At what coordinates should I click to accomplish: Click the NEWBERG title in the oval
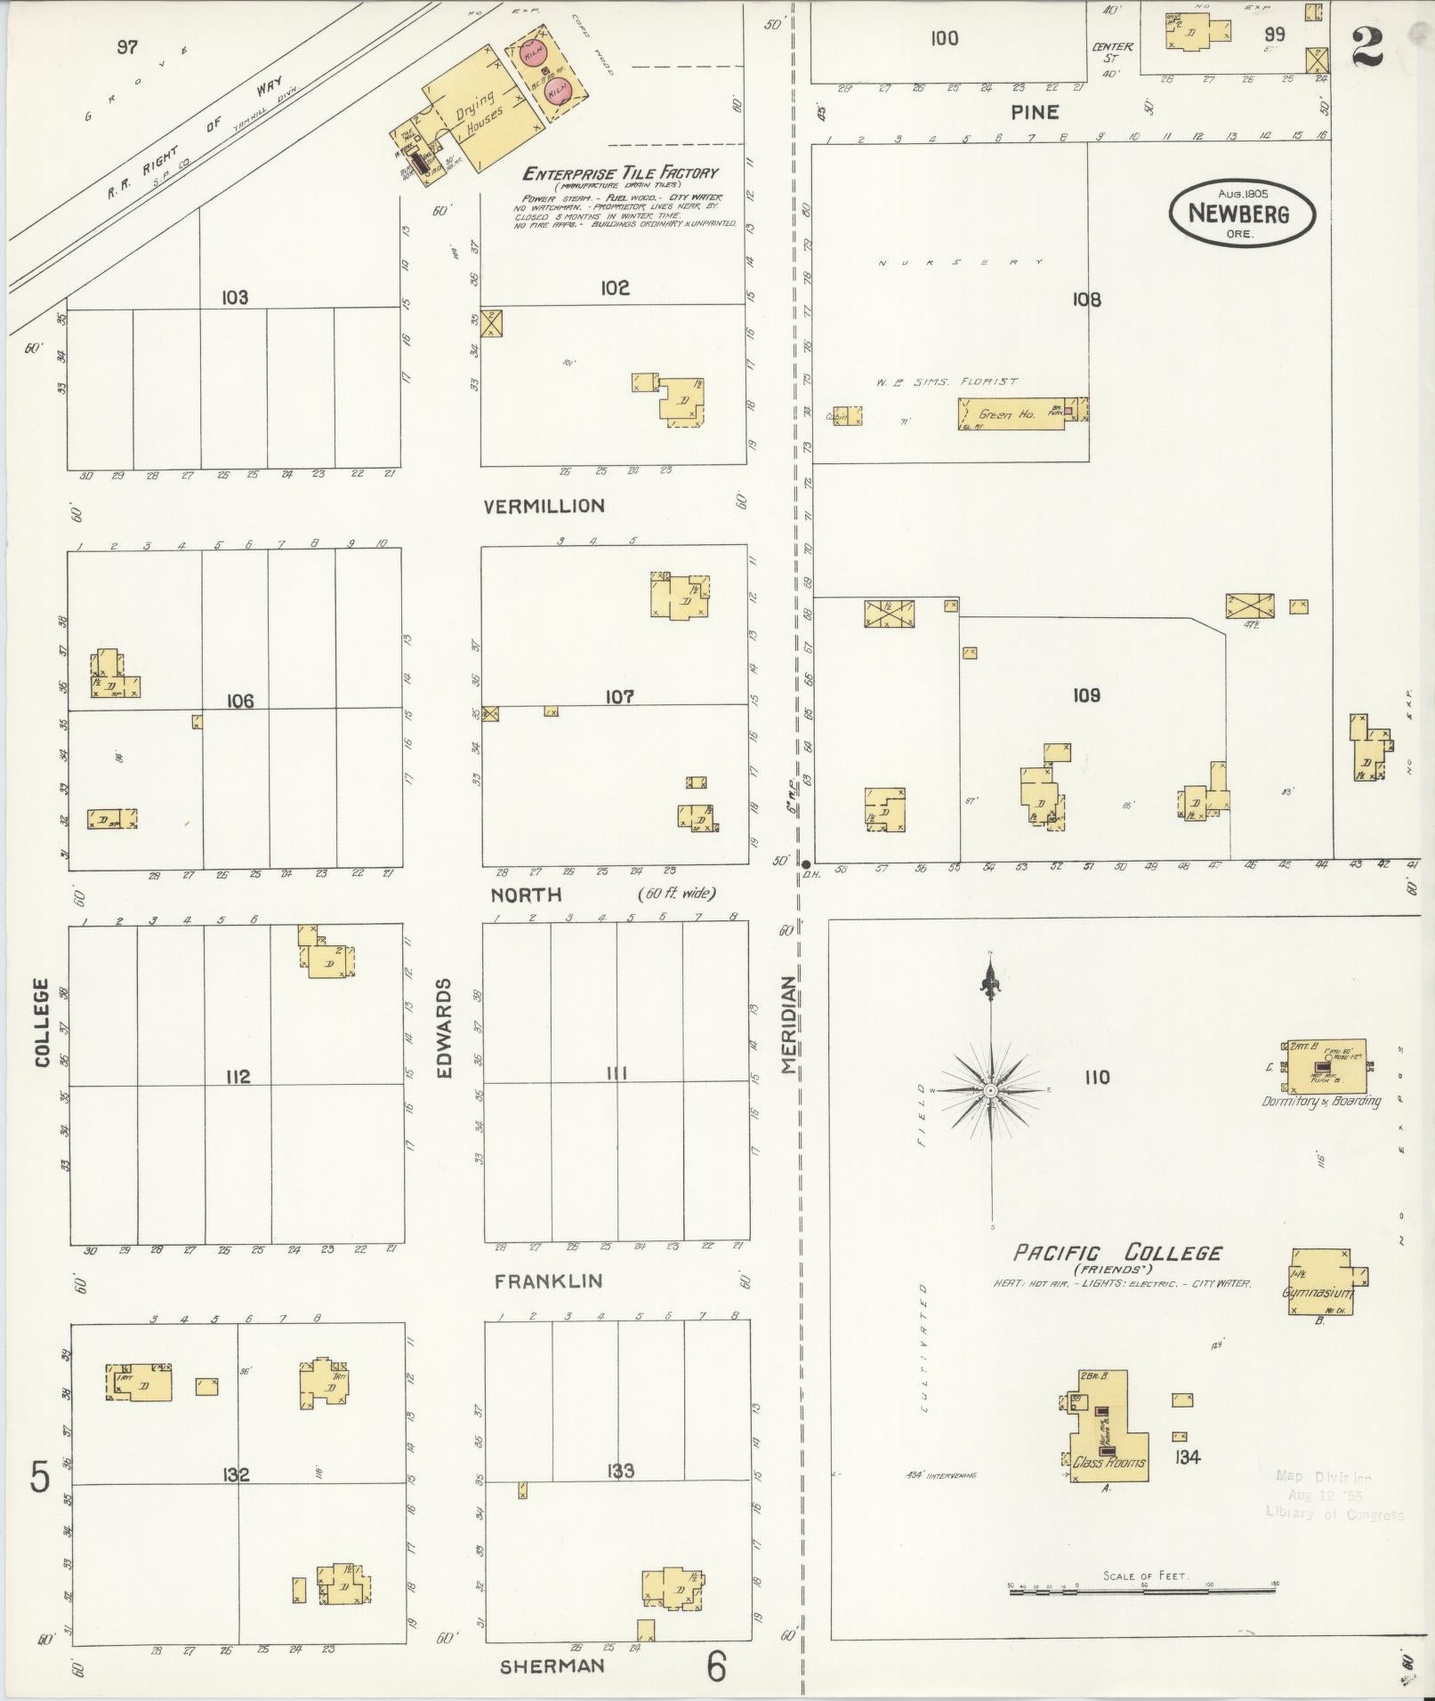[x=1239, y=214]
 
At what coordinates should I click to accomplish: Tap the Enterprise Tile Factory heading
[x=619, y=173]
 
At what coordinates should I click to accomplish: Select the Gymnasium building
[x=1319, y=1281]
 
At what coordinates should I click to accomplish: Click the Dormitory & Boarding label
[x=1321, y=1101]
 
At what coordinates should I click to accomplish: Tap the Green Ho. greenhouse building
[x=1011, y=414]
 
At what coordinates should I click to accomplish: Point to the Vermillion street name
[x=544, y=506]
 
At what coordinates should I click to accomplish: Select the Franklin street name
[x=548, y=1281]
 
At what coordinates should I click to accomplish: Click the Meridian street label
[x=788, y=1025]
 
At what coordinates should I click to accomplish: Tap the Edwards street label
[x=445, y=1028]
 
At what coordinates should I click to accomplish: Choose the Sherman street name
[x=552, y=1666]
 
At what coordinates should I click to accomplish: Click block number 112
[x=238, y=1077]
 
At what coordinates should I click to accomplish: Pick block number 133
[x=620, y=1471]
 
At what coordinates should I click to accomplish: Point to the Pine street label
[x=1035, y=112]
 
